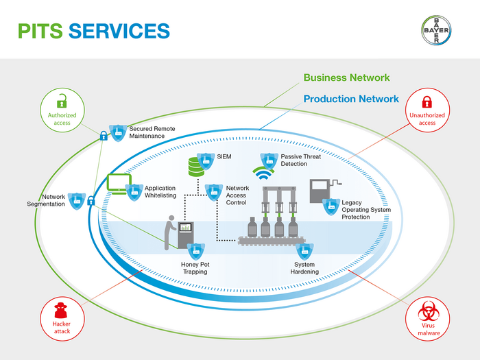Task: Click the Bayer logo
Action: coord(436,30)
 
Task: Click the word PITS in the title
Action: coord(40,31)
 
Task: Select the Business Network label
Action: coord(346,77)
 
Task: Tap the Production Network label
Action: coord(351,99)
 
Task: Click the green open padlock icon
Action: coord(62,101)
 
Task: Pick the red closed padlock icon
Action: coord(427,102)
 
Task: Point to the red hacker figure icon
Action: coord(61,311)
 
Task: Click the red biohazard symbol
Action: coord(429,311)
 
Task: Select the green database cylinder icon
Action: coord(196,167)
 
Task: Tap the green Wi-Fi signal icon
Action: coord(263,173)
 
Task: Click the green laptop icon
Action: coord(119,184)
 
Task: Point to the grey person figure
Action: coord(169,232)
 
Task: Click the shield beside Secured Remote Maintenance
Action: coord(118,133)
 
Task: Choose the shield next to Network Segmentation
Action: coord(77,201)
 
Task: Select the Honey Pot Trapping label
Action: coord(195,268)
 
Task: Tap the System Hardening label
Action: coord(304,268)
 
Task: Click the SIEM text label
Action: coord(224,156)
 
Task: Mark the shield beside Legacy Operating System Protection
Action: coord(331,206)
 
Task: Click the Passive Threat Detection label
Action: coord(301,160)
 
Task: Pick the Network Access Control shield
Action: coord(214,193)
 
